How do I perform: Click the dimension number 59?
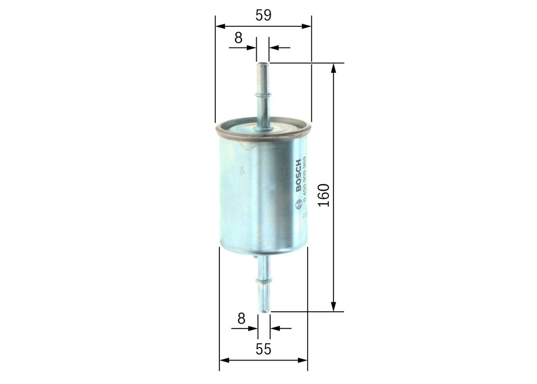(x=263, y=16)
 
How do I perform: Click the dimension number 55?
(x=263, y=349)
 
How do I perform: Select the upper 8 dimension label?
(x=238, y=38)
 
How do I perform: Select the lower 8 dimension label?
(x=241, y=318)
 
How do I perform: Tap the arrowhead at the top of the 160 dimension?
(x=334, y=68)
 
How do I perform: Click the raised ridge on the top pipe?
(x=262, y=96)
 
